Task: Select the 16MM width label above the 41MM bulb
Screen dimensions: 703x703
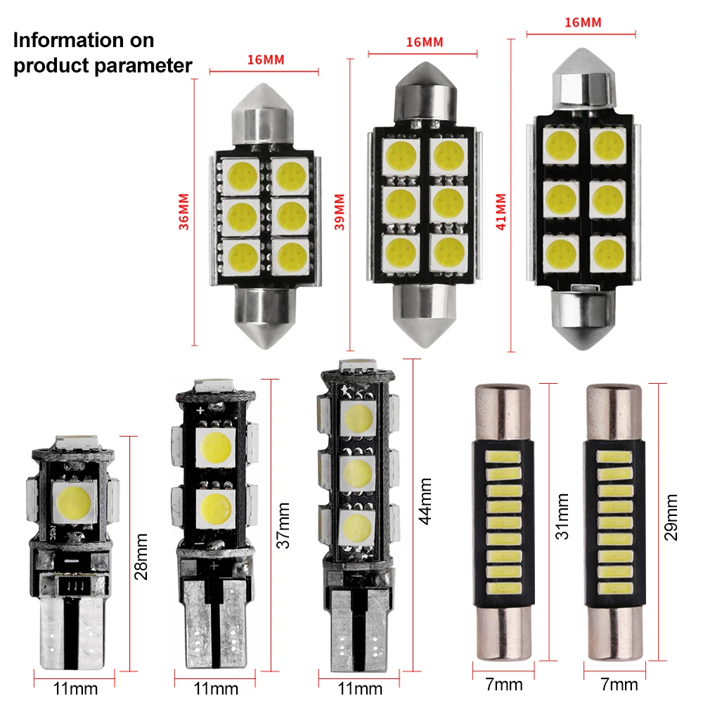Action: click(583, 22)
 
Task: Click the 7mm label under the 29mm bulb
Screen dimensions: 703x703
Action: click(619, 684)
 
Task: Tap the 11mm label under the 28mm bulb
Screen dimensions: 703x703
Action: click(75, 687)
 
